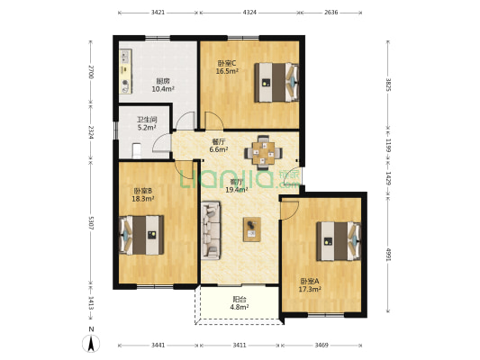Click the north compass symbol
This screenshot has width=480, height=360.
coord(91,343)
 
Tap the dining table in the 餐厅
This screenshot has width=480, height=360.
coord(263,152)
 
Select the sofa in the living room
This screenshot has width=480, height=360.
coord(211,230)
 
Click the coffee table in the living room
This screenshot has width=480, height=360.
coord(252,229)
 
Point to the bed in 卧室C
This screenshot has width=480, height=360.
coord(276,82)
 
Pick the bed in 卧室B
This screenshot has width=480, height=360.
coord(141,235)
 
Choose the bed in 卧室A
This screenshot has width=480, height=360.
coord(339,241)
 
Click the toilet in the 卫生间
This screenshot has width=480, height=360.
coord(137,150)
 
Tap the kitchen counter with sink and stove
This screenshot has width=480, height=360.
coord(125,71)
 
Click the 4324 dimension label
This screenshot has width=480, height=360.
coord(249,13)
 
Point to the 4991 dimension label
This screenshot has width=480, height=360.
coord(388,255)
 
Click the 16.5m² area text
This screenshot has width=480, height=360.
coord(227,71)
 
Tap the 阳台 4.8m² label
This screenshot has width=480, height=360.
coord(240,302)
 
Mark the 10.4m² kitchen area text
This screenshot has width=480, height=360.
coord(163,89)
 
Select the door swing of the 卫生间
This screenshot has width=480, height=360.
coord(161,142)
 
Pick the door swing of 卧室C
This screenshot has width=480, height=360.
coord(214,121)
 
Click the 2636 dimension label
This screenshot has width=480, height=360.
coord(331,13)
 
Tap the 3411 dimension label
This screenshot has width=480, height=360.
coord(240,345)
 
